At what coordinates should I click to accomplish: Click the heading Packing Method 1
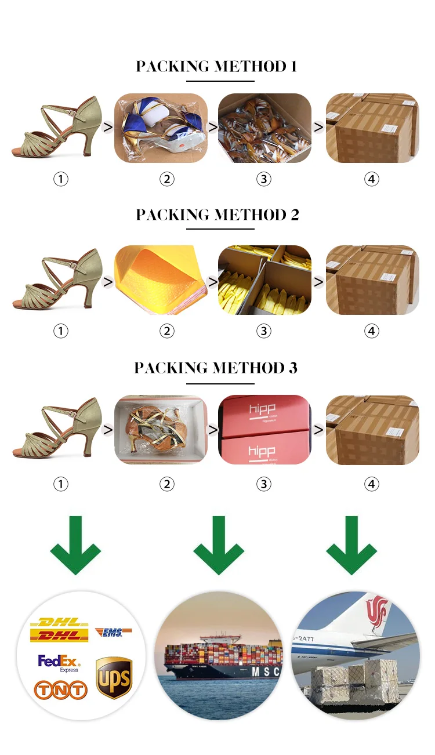pyautogui.click(x=216, y=66)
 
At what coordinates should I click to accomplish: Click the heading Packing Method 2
pyautogui.click(x=217, y=215)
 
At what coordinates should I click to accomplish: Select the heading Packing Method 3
pyautogui.click(x=216, y=368)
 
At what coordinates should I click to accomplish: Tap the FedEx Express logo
pyautogui.click(x=59, y=663)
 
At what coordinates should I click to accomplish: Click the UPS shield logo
pyautogui.click(x=114, y=677)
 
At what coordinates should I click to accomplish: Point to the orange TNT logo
pyautogui.click(x=60, y=689)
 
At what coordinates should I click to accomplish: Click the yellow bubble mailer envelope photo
pyautogui.click(x=160, y=280)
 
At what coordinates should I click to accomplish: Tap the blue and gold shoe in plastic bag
pyautogui.click(x=160, y=128)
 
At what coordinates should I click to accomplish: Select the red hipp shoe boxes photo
pyautogui.click(x=264, y=430)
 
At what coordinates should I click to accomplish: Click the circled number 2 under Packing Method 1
pyautogui.click(x=166, y=179)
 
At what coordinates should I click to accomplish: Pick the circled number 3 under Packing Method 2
pyautogui.click(x=264, y=331)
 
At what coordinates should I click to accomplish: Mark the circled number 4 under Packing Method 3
pyautogui.click(x=372, y=484)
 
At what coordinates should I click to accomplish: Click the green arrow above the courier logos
pyautogui.click(x=75, y=545)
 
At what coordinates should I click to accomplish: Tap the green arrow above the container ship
pyautogui.click(x=218, y=545)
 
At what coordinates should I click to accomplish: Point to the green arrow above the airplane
pyautogui.click(x=351, y=545)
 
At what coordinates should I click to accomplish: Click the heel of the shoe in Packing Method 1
pyautogui.click(x=90, y=142)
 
